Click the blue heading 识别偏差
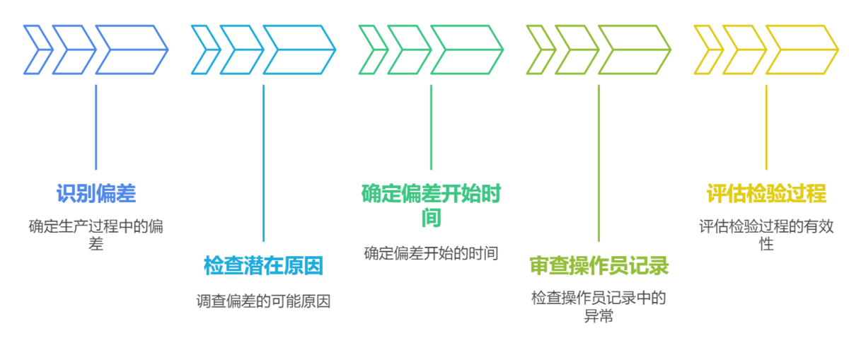click(96, 193)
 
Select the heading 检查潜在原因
click(263, 267)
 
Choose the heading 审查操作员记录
click(599, 267)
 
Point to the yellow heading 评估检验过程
click(766, 193)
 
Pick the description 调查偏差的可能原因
click(263, 301)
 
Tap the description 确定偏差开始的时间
click(431, 253)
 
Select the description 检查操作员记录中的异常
click(599, 306)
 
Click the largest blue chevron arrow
click(131, 50)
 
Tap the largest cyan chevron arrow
click(299, 50)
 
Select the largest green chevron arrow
click(466, 50)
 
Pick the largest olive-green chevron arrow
click(634, 50)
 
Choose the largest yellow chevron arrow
click(802, 50)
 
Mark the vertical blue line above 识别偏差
click(96, 127)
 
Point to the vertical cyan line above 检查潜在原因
click(263, 163)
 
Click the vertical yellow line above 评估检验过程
click(766, 127)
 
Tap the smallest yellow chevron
click(708, 50)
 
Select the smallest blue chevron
click(37, 50)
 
